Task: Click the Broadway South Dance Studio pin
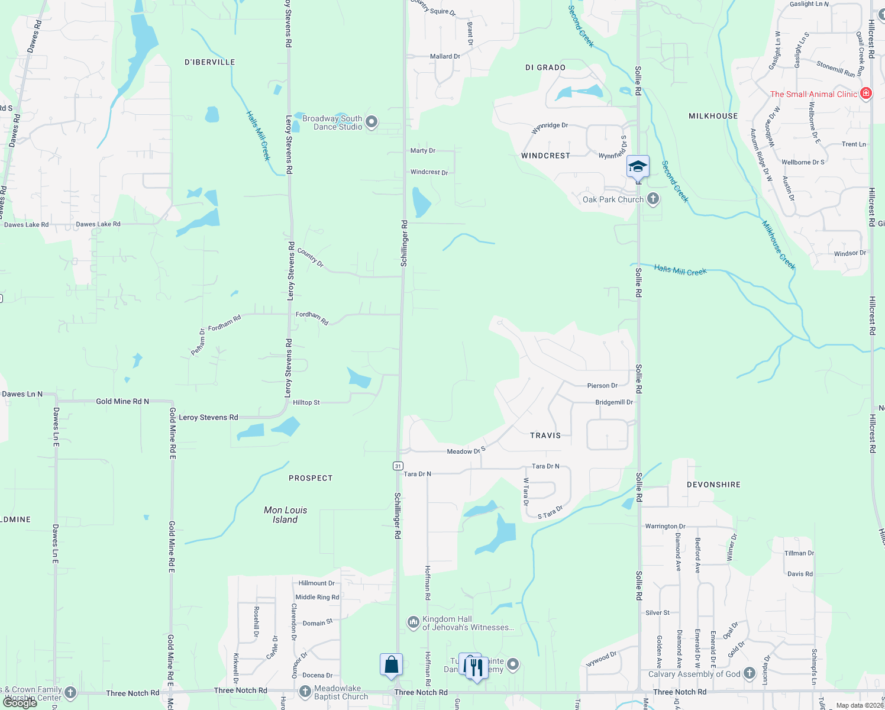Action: point(372,122)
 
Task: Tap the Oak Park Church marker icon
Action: point(653,199)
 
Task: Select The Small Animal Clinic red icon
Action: point(866,93)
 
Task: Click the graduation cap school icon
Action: point(638,166)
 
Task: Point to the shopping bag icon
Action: point(391,664)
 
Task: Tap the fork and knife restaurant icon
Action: point(476,667)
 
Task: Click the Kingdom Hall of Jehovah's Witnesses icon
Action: point(413,622)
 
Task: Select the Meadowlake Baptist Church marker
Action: point(305,691)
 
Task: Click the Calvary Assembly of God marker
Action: point(750,673)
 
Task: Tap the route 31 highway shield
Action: point(398,466)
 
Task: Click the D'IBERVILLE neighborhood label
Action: point(210,62)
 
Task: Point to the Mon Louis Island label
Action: point(285,515)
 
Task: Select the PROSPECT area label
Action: point(311,478)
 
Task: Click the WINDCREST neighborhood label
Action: point(545,156)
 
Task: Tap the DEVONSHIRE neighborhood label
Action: point(713,485)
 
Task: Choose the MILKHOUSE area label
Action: point(713,116)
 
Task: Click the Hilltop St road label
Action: point(306,402)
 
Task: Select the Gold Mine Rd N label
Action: point(122,401)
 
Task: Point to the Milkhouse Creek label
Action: point(779,245)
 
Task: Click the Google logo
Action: point(20,703)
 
